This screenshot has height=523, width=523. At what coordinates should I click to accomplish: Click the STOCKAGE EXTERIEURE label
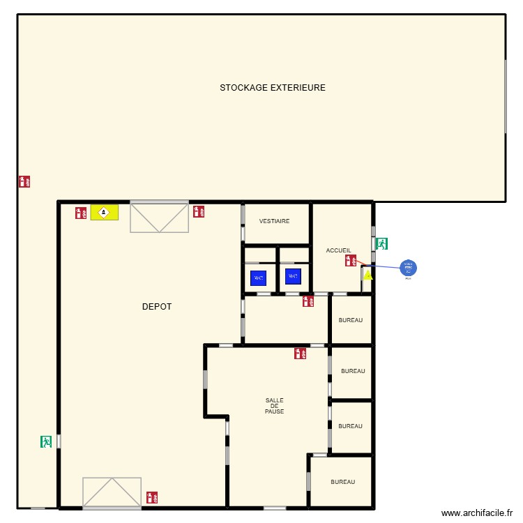coord(273,88)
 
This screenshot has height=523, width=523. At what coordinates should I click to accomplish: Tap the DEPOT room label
coord(157,307)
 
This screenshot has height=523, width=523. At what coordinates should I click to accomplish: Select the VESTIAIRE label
coord(274,221)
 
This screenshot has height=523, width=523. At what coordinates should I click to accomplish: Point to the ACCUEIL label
coord(339,250)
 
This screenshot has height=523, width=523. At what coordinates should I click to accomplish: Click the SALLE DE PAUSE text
coord(274,406)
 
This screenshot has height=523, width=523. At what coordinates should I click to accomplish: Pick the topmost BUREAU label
coord(351,320)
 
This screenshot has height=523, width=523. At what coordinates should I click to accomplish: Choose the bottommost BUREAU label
coord(342,482)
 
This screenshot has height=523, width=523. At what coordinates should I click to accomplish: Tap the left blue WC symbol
coord(259,278)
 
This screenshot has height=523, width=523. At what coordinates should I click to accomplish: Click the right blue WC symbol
coord(293,277)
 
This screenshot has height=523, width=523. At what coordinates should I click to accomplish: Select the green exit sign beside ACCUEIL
coord(381,244)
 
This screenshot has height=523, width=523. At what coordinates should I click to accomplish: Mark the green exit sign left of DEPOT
coord(47,441)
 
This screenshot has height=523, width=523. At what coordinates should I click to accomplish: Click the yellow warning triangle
coord(367,275)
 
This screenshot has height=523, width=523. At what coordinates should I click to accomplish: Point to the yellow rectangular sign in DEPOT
coord(105,212)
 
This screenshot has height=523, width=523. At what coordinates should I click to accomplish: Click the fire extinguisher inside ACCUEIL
coord(351,261)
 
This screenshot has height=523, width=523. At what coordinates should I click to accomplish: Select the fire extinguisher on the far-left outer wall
coord(24,181)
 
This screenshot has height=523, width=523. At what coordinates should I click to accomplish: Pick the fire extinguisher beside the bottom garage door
coord(152,498)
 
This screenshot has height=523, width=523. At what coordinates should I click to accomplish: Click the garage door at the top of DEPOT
coord(160,218)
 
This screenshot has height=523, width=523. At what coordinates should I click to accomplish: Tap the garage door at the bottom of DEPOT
coord(112,492)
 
